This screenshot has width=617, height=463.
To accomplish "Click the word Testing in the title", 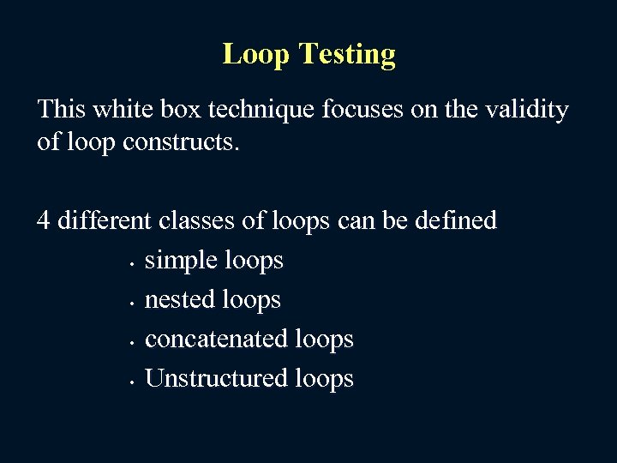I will (347, 55).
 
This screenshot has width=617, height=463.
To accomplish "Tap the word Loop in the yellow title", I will (257, 55).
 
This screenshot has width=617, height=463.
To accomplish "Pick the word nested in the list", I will (180, 299).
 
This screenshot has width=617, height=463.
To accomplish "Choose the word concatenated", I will (215, 339).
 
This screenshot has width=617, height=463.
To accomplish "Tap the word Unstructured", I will (215, 378).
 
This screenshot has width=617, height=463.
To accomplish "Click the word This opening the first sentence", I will (61, 110).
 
